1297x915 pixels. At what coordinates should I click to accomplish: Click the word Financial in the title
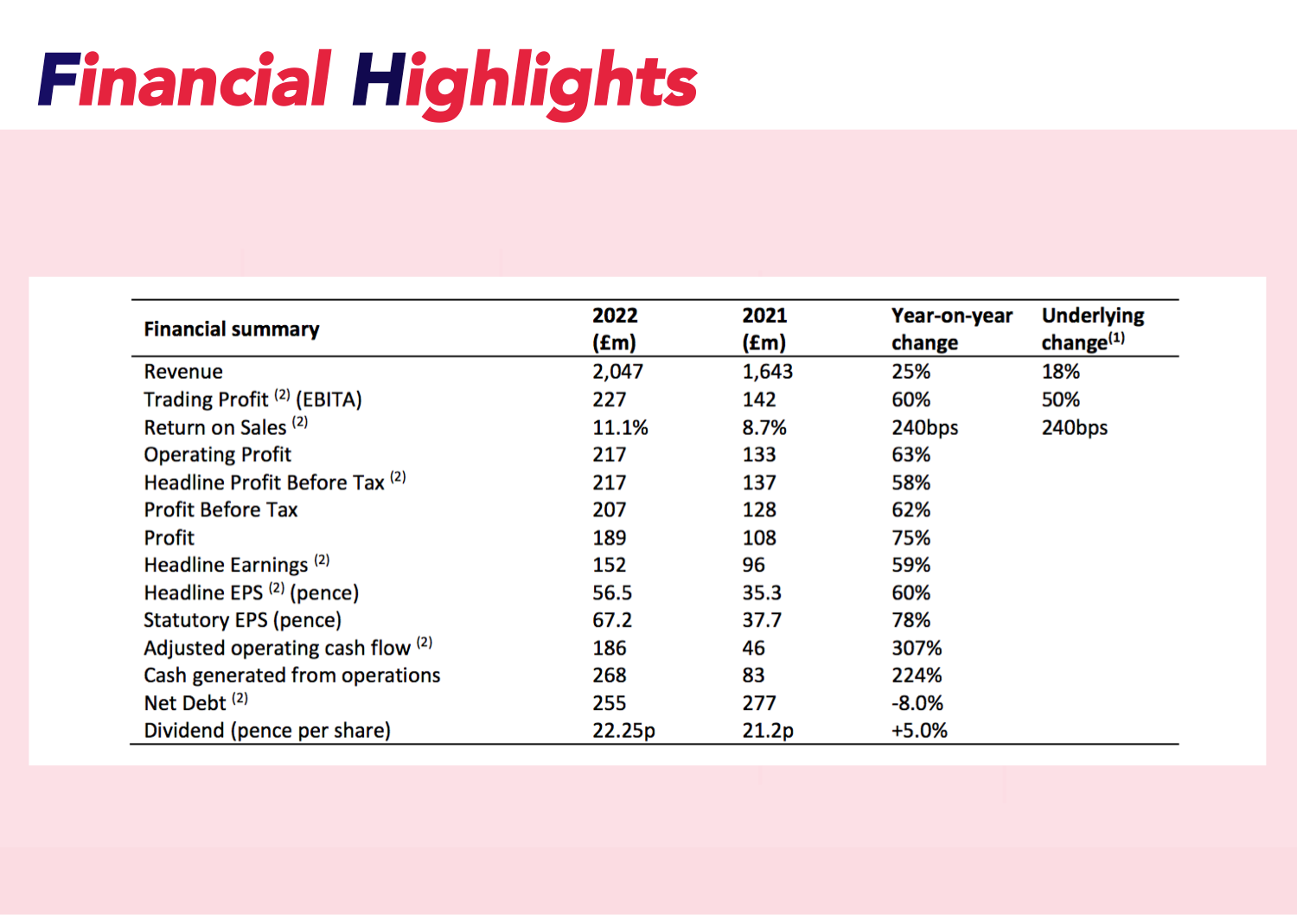coord(184,81)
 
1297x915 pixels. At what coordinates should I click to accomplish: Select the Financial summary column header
coord(231,330)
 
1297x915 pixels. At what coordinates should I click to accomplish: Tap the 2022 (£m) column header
coord(615,329)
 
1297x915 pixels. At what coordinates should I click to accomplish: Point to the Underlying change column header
coord(1092,329)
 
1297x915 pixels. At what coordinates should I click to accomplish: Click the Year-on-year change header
coord(951,329)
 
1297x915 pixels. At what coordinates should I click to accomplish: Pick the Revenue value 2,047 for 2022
coord(617,372)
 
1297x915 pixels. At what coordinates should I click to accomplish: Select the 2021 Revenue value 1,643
coord(767,372)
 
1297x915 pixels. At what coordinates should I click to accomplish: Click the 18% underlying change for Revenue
coord(1060,372)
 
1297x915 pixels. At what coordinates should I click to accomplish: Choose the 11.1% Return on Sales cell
coord(620,427)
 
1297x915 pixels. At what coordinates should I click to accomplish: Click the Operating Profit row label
coord(217,455)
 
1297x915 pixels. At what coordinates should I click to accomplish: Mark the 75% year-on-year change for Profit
coord(910,538)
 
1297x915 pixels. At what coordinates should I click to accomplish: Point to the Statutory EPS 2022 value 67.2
coord(611,620)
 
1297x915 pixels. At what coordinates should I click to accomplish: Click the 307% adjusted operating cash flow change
coord(917,648)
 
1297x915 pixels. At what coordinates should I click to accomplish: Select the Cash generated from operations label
coord(291,675)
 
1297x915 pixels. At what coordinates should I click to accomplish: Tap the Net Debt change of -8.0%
coord(917,703)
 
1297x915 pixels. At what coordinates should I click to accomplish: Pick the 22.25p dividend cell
coord(623,731)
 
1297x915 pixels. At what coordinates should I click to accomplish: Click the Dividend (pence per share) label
coord(266,731)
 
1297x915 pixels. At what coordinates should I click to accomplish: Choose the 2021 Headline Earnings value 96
coord(753,565)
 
